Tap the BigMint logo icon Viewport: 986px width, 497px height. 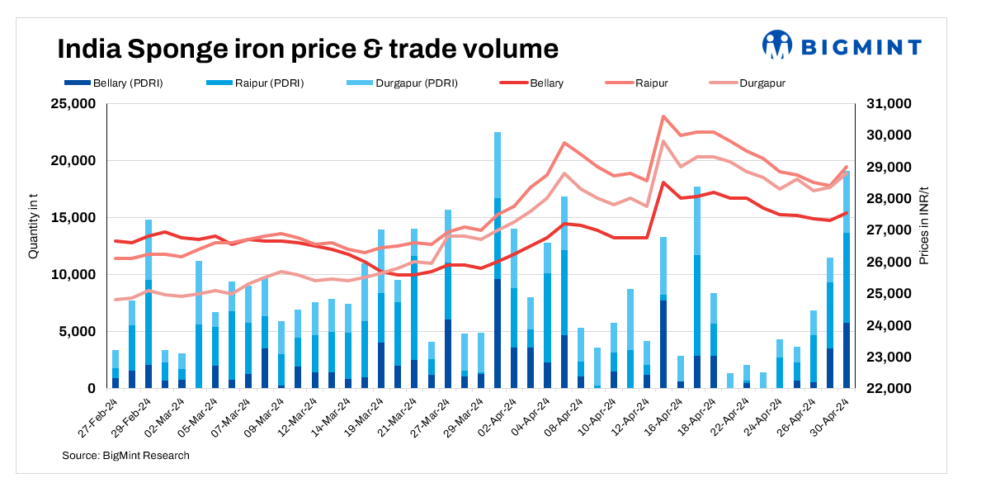pyautogui.click(x=777, y=45)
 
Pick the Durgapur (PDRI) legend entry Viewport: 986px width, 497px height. pyautogui.click(x=404, y=83)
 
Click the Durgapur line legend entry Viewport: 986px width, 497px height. pyautogui.click(x=747, y=83)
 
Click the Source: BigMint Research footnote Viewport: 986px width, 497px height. pyautogui.click(x=125, y=456)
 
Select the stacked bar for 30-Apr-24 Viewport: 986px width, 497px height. pyautogui.click(x=847, y=281)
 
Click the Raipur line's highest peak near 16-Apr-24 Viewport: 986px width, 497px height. pyautogui.click(x=663, y=116)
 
